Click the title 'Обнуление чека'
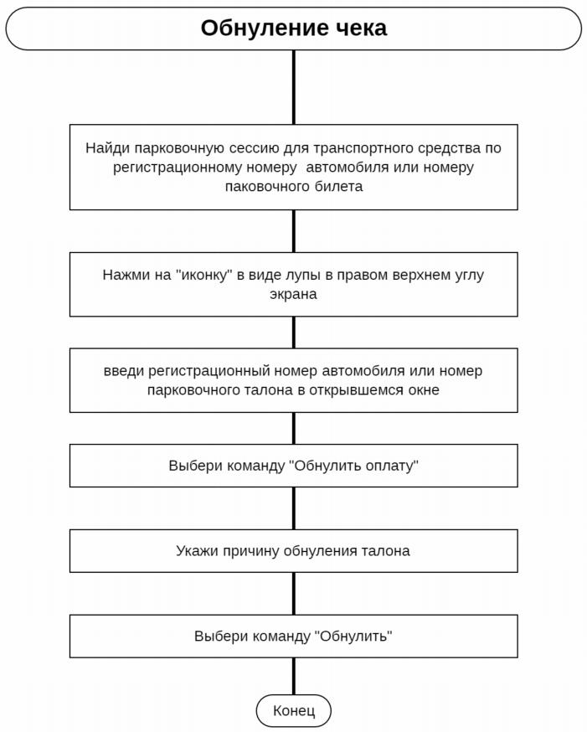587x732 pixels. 293,28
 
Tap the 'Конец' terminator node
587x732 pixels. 293,711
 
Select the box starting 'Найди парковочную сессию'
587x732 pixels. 293,167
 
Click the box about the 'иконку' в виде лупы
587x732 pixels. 293,284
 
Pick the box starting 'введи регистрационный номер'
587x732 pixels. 293,380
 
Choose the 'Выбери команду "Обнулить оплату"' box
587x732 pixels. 293,466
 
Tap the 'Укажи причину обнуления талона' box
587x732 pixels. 293,551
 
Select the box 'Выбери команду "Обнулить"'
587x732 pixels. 293,636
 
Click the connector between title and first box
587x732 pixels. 293,87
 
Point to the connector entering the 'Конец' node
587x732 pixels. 293,676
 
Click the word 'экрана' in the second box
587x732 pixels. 293,295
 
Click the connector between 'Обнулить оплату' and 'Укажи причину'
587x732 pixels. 293,508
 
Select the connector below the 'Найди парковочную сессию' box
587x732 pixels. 293,230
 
